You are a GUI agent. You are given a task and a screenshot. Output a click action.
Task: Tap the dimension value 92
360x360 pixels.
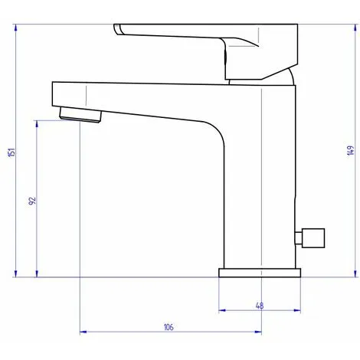click(x=32, y=201)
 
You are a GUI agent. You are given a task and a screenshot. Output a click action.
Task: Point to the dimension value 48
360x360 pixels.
click(x=259, y=306)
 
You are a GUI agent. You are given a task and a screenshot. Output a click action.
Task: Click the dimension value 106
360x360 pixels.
click(x=169, y=327)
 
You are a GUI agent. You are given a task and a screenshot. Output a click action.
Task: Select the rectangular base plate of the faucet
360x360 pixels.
click(x=260, y=273)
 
